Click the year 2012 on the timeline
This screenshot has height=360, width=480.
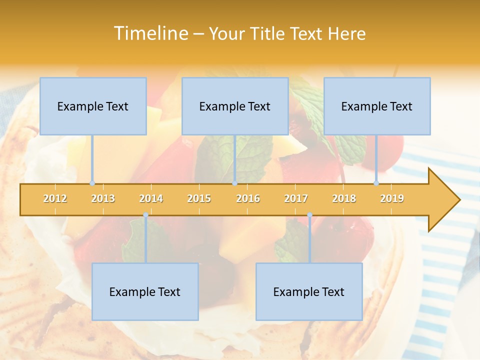pyautogui.click(x=55, y=198)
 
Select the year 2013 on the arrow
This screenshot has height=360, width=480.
pyautogui.click(x=103, y=198)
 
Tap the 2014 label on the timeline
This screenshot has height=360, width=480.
pyautogui.click(x=151, y=198)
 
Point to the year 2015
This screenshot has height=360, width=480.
pyautogui.click(x=199, y=198)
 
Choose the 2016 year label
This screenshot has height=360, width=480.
pyautogui.click(x=248, y=198)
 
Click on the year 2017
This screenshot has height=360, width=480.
pyautogui.click(x=296, y=198)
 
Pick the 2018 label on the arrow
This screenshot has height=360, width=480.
pyautogui.click(x=344, y=198)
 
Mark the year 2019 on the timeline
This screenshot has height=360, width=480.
pyautogui.click(x=392, y=198)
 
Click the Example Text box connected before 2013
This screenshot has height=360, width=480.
pyautogui.click(x=93, y=106)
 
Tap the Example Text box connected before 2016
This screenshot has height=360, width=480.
pyautogui.click(x=235, y=106)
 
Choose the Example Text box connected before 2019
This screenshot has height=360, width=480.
pyautogui.click(x=377, y=106)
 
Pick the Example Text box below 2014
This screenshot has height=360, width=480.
pyautogui.click(x=145, y=291)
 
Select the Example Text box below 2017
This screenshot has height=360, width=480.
pyautogui.click(x=309, y=291)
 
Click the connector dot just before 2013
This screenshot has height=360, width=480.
pyautogui.click(x=92, y=183)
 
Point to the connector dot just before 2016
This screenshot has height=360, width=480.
pyautogui.click(x=234, y=183)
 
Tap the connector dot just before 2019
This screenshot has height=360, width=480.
pyautogui.click(x=376, y=183)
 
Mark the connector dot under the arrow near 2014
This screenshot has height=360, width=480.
pyautogui.click(x=145, y=215)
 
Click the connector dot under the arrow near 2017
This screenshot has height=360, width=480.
pyautogui.click(x=309, y=215)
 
